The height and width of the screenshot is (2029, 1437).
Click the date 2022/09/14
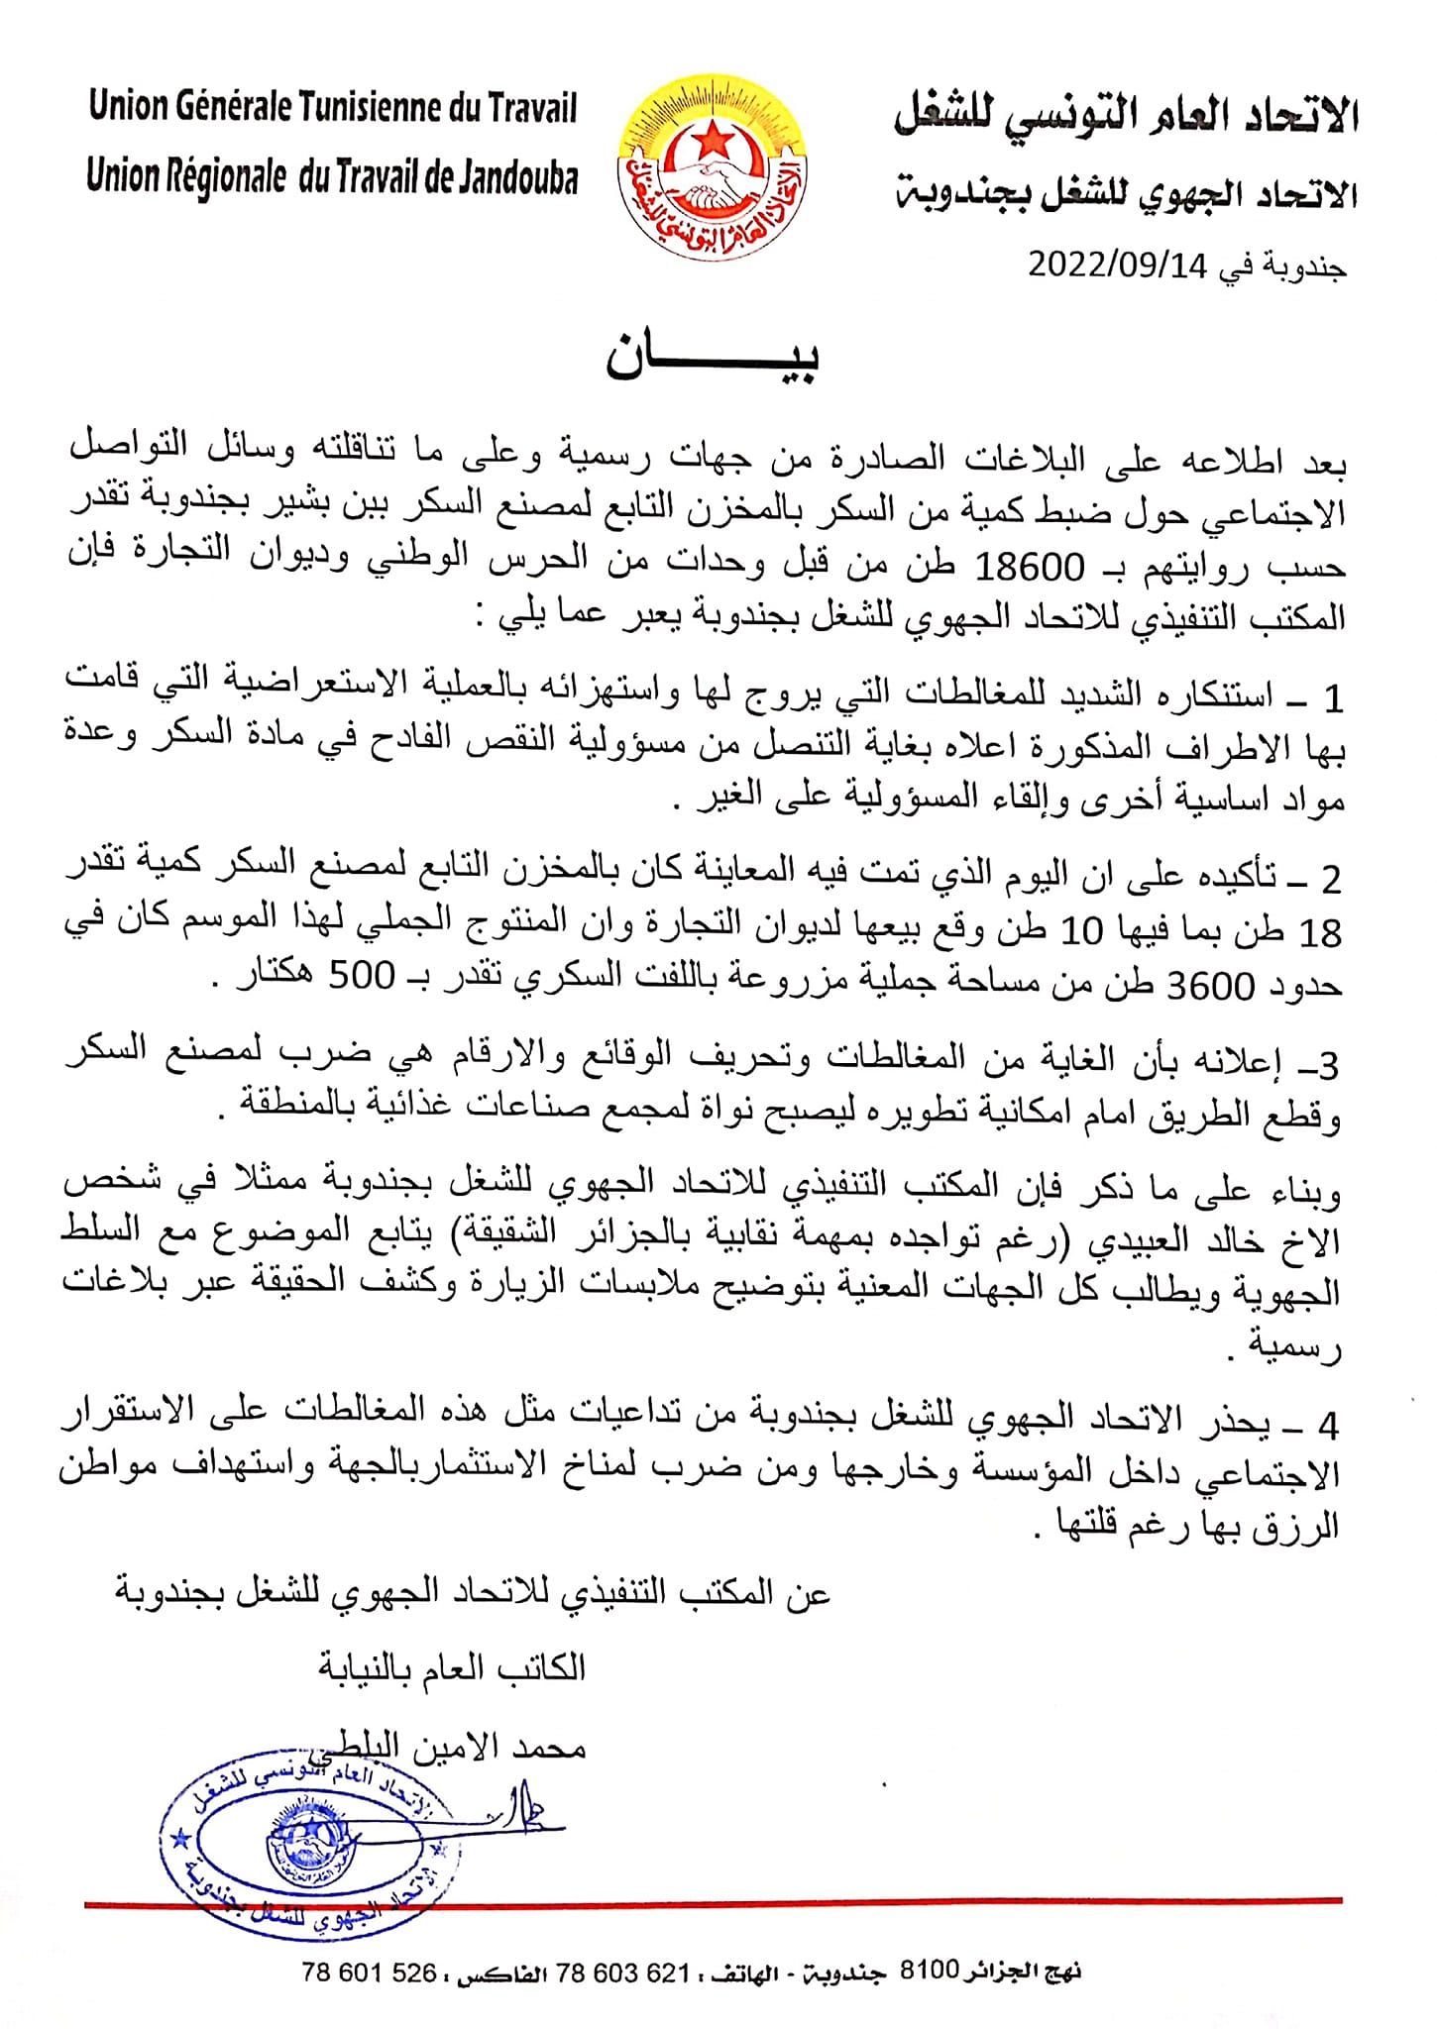pos(1118,267)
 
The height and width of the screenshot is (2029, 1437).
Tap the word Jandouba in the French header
pos(517,178)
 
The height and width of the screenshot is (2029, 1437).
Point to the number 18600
pos(1030,568)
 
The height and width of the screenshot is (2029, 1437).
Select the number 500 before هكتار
pos(363,976)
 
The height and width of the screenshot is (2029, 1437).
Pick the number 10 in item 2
pos(1082,931)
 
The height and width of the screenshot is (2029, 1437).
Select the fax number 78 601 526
pos(369,1974)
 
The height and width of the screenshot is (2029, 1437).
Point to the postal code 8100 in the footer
pos(929,1970)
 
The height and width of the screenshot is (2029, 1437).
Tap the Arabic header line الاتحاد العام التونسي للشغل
pos(1125,117)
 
